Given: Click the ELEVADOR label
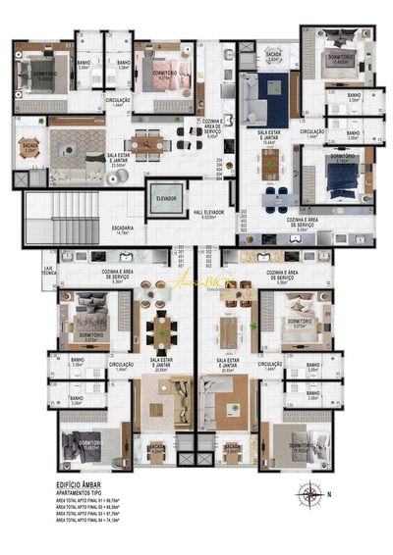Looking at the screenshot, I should [x=165, y=198].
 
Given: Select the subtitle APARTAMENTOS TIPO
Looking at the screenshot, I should [x=84, y=491].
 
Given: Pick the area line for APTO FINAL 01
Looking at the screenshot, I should [x=94, y=499].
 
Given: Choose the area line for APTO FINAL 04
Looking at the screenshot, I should [x=94, y=523].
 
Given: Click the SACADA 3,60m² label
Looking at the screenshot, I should [x=274, y=58].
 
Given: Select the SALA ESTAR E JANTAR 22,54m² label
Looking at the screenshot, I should [x=121, y=157].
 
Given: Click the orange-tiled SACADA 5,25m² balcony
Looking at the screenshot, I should [x=29, y=148].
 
